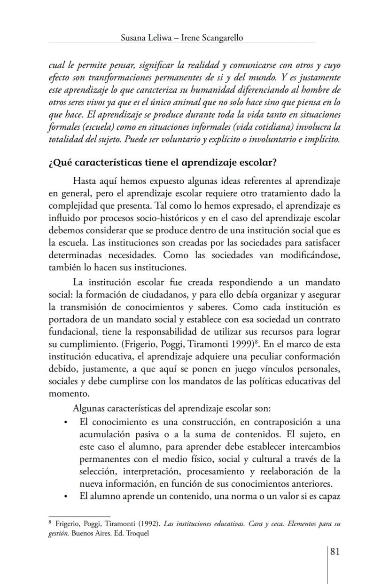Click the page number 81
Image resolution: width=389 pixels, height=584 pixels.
click(x=335, y=552)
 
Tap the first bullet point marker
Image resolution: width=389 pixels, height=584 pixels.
click(x=65, y=422)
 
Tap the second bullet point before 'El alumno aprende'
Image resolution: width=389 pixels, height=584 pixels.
click(x=65, y=496)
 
